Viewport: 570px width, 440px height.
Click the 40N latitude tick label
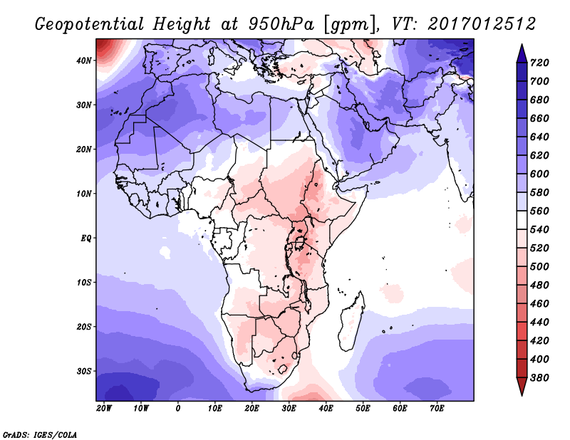[84, 61]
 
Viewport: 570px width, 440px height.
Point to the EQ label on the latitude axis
[85, 238]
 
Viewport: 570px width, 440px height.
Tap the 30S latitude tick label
[84, 371]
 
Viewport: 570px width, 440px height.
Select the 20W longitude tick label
[103, 409]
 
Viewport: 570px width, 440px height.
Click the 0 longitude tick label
[177, 409]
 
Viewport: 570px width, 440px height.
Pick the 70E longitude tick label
[437, 409]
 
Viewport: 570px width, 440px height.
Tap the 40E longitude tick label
[326, 409]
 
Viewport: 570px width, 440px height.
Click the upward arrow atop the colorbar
[522, 52]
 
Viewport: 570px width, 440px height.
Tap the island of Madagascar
[353, 313]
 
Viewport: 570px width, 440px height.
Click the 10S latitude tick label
[84, 283]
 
